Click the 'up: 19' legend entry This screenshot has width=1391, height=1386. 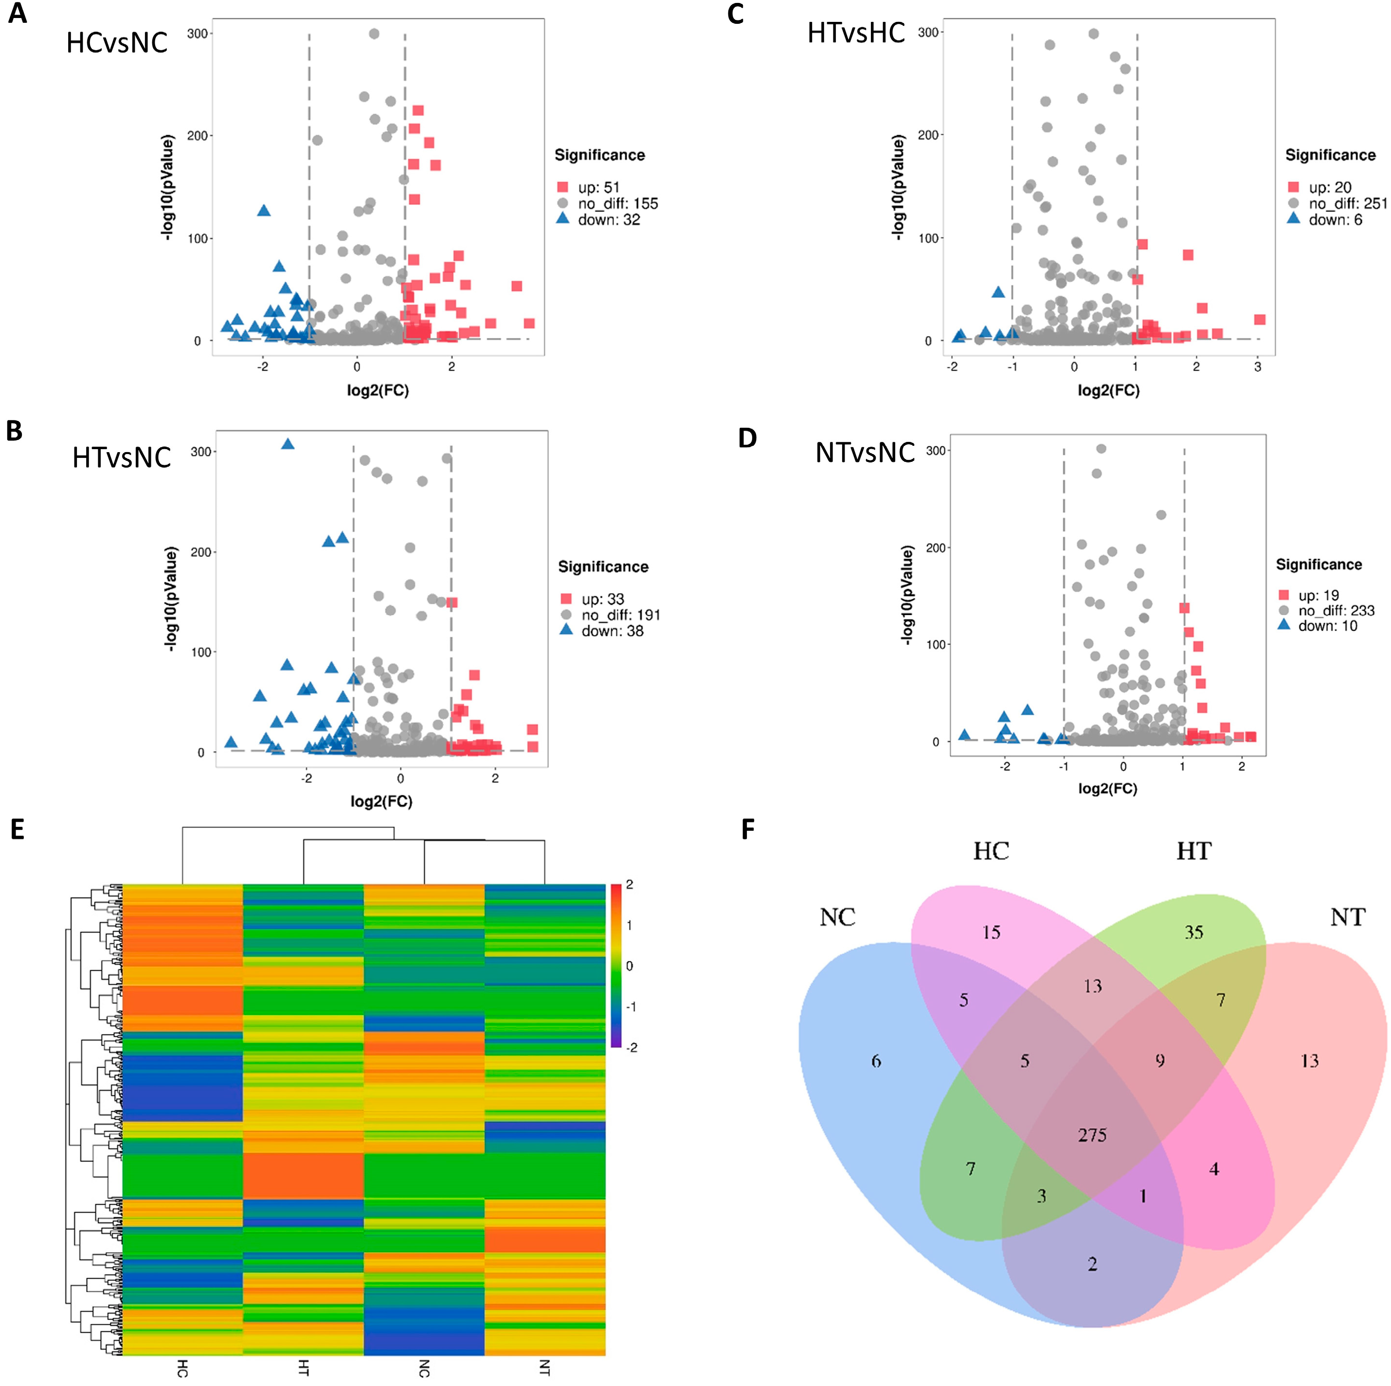[1318, 596]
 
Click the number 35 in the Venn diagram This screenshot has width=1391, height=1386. [1194, 932]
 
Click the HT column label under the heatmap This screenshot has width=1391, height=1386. [303, 1368]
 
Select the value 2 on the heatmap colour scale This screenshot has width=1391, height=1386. [629, 884]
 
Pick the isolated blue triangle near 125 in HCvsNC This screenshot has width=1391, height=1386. [264, 211]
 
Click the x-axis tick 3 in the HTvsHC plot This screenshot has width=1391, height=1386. [1258, 367]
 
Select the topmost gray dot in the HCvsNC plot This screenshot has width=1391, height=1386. [374, 34]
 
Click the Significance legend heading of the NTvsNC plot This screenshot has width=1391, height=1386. [1319, 565]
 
